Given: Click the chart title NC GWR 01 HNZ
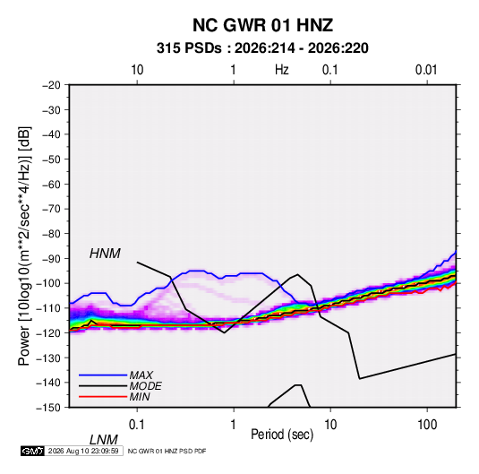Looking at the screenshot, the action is click(x=262, y=25).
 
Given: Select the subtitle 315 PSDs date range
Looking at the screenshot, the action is click(x=262, y=48).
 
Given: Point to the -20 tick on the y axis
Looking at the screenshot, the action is click(x=51, y=85).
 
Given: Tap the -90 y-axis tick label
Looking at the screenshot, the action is click(x=51, y=259).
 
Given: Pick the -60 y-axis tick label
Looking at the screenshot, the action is click(x=51, y=184).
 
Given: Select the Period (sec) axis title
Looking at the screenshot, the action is click(x=282, y=435).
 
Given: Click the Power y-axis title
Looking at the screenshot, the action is click(x=24, y=246).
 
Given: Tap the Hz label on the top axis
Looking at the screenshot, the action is click(x=282, y=70).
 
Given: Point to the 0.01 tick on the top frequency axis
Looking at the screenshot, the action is click(x=426, y=70).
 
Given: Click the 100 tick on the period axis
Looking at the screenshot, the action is click(x=427, y=425).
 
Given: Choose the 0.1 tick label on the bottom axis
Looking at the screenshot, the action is click(x=137, y=425).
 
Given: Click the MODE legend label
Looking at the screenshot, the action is click(x=145, y=386).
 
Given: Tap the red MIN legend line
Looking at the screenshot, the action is click(x=103, y=397).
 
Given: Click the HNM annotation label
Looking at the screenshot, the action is click(x=105, y=254).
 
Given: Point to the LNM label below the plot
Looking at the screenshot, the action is click(x=104, y=440).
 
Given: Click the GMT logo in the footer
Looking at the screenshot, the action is click(x=33, y=451).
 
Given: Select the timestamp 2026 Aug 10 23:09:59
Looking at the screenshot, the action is click(x=83, y=451).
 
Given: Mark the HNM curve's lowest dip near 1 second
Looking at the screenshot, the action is click(x=224, y=332).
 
